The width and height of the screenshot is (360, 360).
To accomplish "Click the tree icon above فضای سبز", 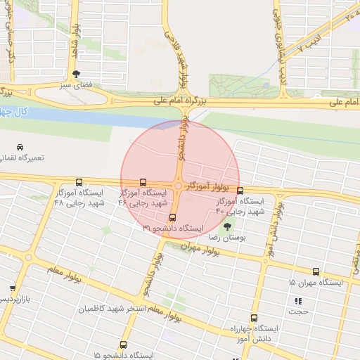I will coord(76,73).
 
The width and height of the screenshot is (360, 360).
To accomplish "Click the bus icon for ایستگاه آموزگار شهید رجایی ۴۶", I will coord(143,181).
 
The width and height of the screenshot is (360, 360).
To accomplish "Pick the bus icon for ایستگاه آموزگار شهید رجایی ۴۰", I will coord(240,191).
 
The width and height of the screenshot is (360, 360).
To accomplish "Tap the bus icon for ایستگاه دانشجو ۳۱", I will coord(173,217).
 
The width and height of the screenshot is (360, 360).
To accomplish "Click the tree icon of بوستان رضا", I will coord(226,226).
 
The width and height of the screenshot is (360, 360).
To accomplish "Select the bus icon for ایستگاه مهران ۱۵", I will coord(316,271).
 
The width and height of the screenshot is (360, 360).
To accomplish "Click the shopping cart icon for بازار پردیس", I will coord(13,288).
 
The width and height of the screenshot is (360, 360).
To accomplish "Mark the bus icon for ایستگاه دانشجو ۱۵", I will coord(124,345).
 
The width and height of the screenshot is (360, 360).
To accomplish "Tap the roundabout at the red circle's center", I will coord(180,186).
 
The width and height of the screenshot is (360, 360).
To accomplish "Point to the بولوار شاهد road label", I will coord(75,43).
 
